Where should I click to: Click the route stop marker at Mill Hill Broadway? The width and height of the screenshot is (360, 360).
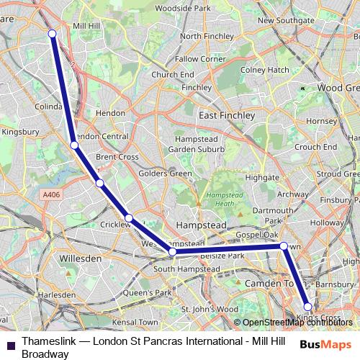click(x=52, y=33)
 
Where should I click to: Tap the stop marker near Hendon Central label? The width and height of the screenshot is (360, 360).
click(x=74, y=145)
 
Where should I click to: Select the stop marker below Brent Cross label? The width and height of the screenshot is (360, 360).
click(x=99, y=183)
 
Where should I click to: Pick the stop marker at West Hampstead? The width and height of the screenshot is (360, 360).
click(x=172, y=252)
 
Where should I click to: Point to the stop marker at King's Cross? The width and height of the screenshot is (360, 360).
click(x=307, y=307)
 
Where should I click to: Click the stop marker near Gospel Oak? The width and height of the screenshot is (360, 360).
click(x=284, y=246)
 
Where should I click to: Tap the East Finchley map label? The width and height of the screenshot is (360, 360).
click(x=227, y=115)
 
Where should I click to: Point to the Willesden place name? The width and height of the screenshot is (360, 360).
click(x=80, y=256)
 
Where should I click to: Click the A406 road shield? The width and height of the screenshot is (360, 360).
click(x=50, y=194)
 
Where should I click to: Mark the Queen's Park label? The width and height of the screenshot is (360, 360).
click(x=147, y=293)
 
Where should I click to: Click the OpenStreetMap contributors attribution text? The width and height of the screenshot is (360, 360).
click(x=295, y=322)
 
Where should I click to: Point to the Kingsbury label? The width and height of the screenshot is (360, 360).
click(x=19, y=132)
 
